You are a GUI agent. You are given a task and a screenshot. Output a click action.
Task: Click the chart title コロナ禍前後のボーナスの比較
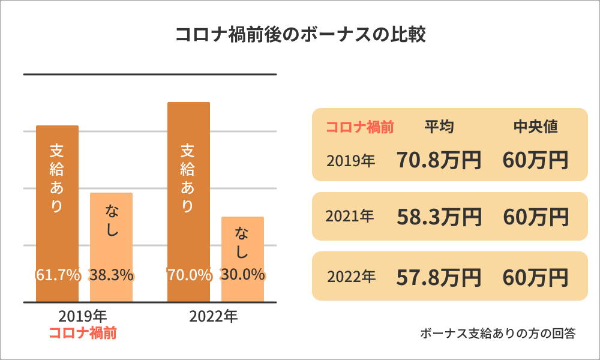(x=300, y=35)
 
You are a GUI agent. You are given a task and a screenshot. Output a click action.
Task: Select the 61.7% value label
(x=58, y=275)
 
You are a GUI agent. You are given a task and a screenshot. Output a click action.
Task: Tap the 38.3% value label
(x=111, y=275)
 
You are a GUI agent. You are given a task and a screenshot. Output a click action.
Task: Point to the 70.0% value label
(x=189, y=275)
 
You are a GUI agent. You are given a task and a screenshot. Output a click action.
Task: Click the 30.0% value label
(x=242, y=275)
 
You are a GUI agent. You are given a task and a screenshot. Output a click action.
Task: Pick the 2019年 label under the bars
(x=83, y=316)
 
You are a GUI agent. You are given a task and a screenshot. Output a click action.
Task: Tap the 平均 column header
(x=439, y=127)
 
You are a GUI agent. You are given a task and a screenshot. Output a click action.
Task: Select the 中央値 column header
(x=536, y=127)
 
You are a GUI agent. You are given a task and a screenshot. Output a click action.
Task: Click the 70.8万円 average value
(x=439, y=160)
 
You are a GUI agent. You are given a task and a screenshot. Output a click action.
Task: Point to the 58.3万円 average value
(x=439, y=217)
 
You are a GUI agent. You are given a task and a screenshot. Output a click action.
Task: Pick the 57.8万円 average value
(x=439, y=277)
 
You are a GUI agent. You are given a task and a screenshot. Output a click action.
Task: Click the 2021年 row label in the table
(x=350, y=217)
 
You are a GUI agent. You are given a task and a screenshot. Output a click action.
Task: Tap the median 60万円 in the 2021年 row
(x=536, y=217)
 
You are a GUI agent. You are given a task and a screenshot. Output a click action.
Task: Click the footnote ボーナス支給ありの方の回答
(x=498, y=334)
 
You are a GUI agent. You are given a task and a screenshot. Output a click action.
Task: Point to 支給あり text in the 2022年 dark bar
(x=188, y=178)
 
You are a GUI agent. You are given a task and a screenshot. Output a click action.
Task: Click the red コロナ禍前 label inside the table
(x=359, y=127)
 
